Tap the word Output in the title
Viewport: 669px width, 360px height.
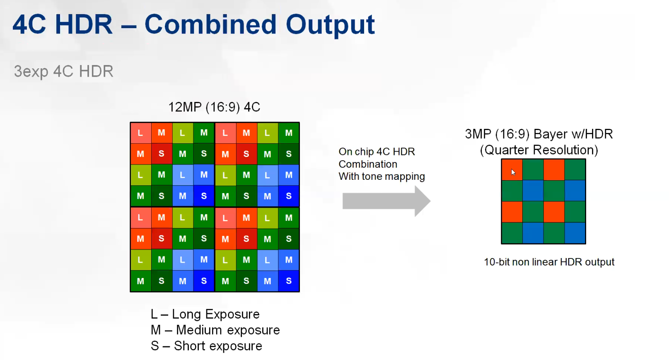(330, 25)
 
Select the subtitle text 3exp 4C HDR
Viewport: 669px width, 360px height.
(64, 71)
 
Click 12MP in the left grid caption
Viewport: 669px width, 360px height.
(185, 107)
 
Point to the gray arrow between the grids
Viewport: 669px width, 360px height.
(386, 201)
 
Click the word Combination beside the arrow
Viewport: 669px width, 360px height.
(368, 164)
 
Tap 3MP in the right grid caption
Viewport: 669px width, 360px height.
(478, 134)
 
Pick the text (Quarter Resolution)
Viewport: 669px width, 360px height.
(539, 150)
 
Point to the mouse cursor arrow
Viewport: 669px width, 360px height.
(513, 172)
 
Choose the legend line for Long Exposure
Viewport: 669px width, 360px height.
(205, 314)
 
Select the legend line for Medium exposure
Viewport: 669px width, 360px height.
(215, 330)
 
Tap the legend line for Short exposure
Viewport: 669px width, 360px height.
(206, 346)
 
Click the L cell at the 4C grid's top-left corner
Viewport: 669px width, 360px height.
(141, 133)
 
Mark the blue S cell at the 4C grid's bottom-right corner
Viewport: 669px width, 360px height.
(288, 281)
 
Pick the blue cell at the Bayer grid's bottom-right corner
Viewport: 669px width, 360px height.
(575, 233)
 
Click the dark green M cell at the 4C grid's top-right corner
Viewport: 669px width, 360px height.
(288, 133)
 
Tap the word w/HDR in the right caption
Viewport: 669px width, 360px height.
(592, 134)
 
